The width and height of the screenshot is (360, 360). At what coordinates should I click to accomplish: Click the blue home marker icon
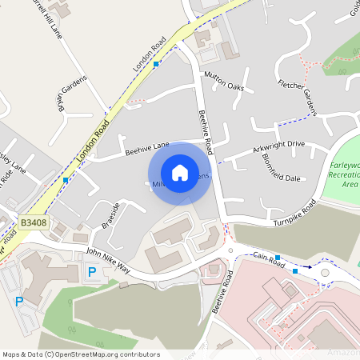(180, 173)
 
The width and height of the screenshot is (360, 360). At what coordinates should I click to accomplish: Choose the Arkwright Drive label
(279, 147)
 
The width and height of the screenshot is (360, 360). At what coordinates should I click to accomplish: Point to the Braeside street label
(110, 217)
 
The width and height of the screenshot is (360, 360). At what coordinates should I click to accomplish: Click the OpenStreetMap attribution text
(81, 354)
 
